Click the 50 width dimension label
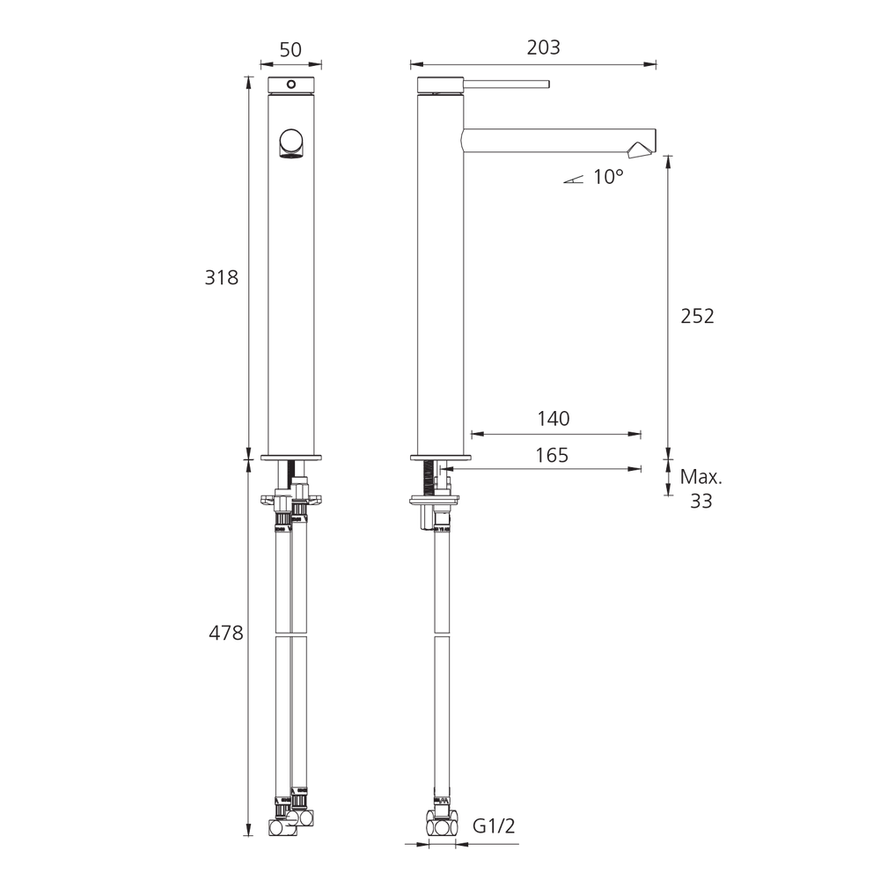click(x=290, y=50)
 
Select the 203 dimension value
click(x=543, y=48)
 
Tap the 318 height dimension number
click(x=221, y=277)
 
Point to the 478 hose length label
click(x=225, y=633)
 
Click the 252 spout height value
click(x=697, y=317)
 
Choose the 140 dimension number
click(x=554, y=419)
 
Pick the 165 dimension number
click(x=552, y=455)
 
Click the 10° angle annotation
click(x=608, y=178)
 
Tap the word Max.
click(x=701, y=477)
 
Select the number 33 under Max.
click(x=701, y=502)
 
